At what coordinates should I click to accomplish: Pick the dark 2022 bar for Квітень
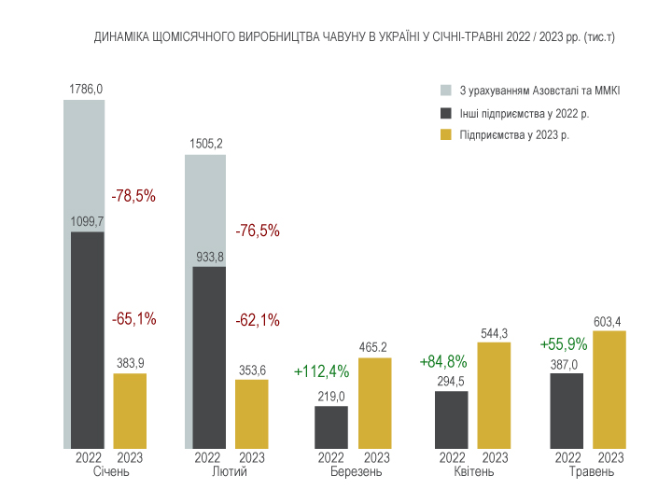(452, 420)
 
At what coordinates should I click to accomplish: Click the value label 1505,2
(205, 144)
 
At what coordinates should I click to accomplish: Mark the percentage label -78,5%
(133, 197)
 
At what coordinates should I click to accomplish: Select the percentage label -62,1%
(258, 320)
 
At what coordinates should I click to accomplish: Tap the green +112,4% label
(321, 371)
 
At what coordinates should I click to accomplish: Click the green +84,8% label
(443, 361)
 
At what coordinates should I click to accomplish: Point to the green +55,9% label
(564, 344)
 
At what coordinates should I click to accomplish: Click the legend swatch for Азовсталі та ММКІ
(446, 91)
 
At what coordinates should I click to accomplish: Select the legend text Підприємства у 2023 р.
(515, 135)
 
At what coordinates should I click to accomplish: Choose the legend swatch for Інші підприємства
(446, 113)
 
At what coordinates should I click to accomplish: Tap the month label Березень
(357, 472)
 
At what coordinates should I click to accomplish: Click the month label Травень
(592, 472)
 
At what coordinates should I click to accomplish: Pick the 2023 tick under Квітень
(495, 458)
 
